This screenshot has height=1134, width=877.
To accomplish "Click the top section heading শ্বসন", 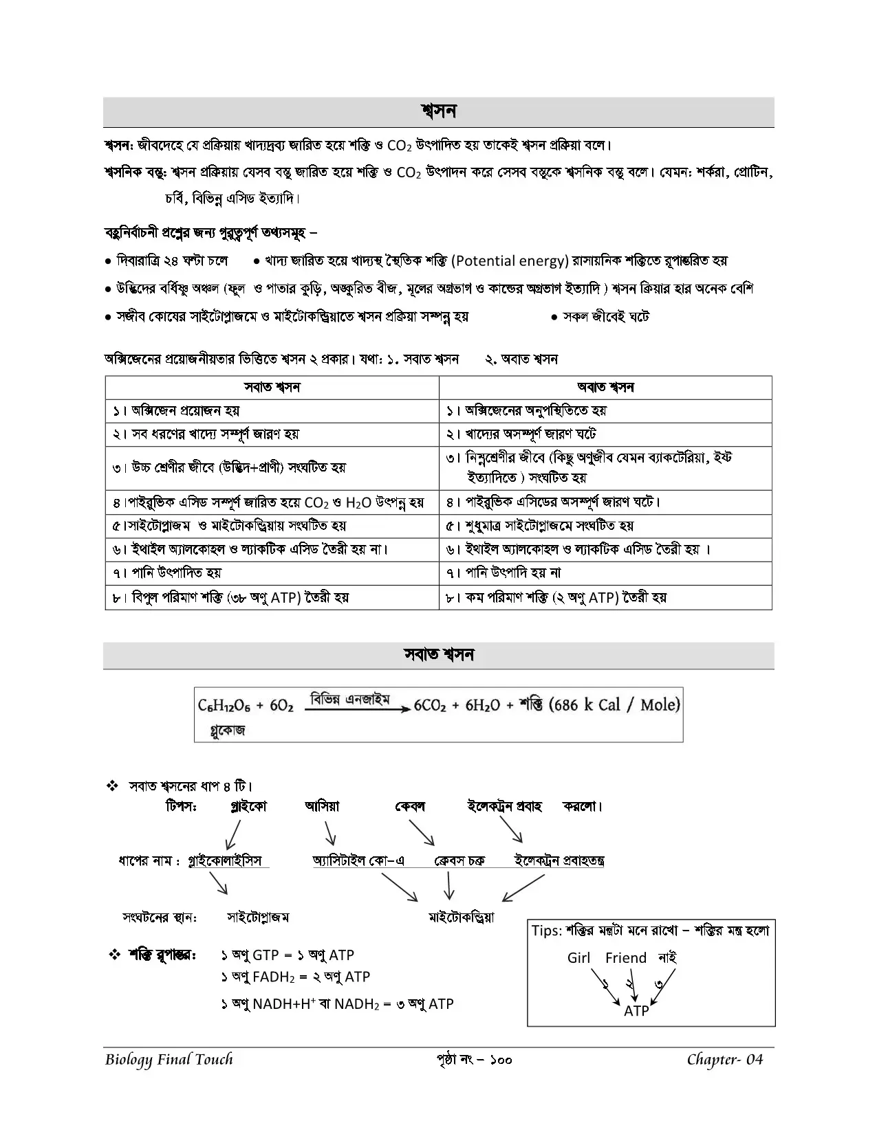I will [438, 111].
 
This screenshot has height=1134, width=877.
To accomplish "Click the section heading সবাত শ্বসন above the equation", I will [438, 654].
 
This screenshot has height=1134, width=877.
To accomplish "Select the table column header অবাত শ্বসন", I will [605, 388].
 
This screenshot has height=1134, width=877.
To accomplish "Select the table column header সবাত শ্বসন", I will [272, 388].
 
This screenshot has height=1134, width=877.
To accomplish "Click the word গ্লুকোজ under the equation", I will [228, 731].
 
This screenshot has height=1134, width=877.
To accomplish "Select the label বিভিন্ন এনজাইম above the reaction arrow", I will [350, 699].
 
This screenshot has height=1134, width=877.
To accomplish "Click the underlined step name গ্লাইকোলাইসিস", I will [224, 860].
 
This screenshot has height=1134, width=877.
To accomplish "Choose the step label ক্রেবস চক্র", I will [459, 860].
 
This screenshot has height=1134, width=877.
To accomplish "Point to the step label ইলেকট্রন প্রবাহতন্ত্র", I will [559, 860].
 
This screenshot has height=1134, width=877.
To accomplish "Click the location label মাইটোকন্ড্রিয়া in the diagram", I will [461, 917].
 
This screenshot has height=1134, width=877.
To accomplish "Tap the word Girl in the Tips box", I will [578, 957].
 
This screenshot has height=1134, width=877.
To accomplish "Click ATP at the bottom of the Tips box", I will [636, 1011].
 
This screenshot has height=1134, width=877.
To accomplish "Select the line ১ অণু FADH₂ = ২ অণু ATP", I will [295, 977].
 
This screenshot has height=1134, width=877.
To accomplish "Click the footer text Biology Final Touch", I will [169, 1059].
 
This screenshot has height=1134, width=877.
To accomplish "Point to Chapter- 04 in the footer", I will [725, 1059].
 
